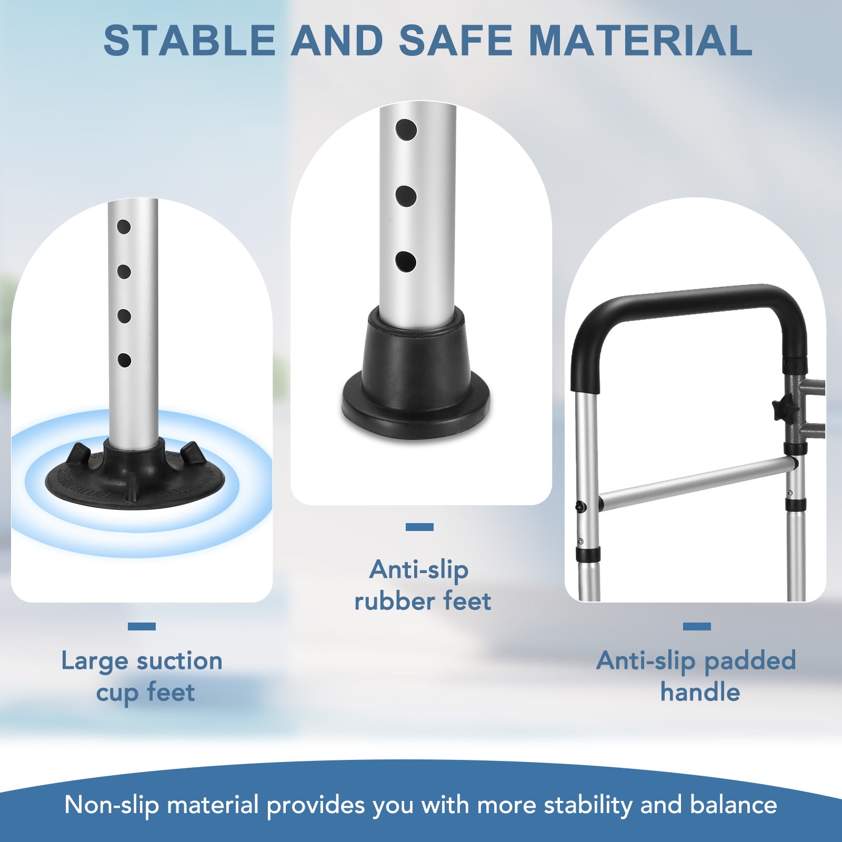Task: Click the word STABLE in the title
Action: [190, 40]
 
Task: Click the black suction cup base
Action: [135, 476]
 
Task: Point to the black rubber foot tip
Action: [416, 376]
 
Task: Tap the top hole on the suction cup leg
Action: [124, 227]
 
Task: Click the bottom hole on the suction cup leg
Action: [124, 360]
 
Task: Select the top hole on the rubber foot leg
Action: [406, 129]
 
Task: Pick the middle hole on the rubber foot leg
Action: [406, 196]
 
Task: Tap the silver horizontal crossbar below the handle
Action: [697, 483]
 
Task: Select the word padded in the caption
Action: [749, 661]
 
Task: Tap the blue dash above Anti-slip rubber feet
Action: [419, 527]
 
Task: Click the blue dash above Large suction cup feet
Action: [142, 626]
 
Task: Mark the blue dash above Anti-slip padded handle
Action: [697, 626]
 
